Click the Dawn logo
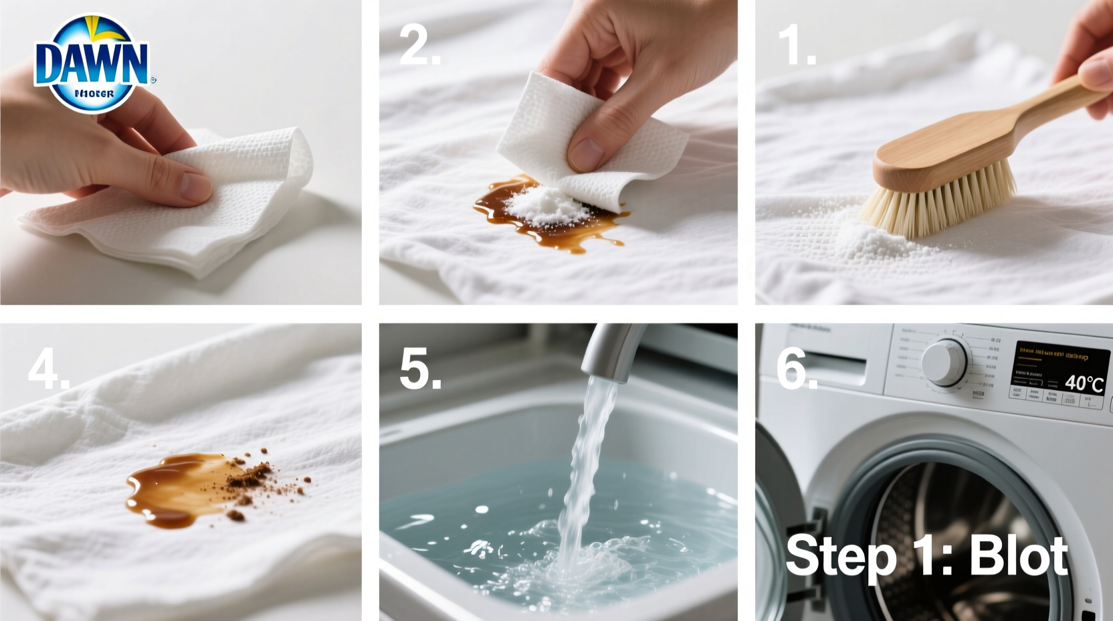(x=92, y=64)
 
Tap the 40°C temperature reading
(x=1084, y=383)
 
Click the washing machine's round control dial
(x=944, y=362)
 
